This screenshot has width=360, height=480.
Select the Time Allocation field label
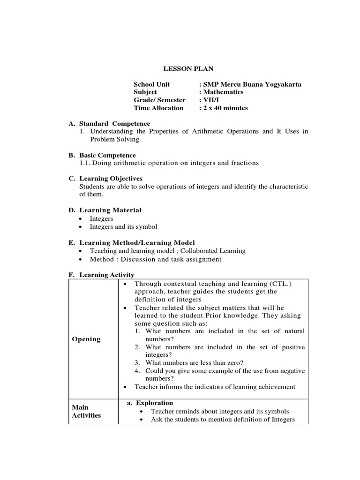click(x=158, y=108)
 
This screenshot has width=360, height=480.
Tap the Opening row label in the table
click(x=86, y=339)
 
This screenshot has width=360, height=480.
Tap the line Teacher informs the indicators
click(x=215, y=387)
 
